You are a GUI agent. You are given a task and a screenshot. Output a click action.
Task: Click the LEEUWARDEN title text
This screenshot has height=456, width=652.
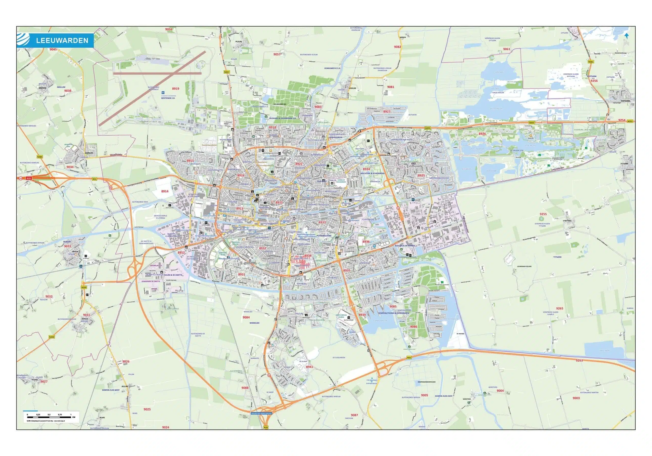62,40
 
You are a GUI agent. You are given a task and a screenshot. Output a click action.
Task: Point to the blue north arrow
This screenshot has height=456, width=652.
627,35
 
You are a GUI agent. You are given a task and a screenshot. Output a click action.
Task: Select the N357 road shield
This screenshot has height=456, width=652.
226,72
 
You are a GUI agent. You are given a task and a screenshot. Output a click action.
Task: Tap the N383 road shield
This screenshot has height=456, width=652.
40,157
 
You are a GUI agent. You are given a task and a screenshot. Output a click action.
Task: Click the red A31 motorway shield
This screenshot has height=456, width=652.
28,178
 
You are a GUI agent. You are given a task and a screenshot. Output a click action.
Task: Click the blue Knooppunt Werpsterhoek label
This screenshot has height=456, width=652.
261,414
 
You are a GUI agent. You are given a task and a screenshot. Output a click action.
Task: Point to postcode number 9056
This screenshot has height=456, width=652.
169,29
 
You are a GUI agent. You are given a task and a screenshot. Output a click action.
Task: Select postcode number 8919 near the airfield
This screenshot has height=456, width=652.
175,89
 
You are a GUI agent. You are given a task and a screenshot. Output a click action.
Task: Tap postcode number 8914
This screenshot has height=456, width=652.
165,191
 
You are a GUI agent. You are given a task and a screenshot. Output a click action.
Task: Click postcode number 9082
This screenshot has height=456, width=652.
397,47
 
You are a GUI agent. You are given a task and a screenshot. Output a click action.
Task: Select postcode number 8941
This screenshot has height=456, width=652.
309,367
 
